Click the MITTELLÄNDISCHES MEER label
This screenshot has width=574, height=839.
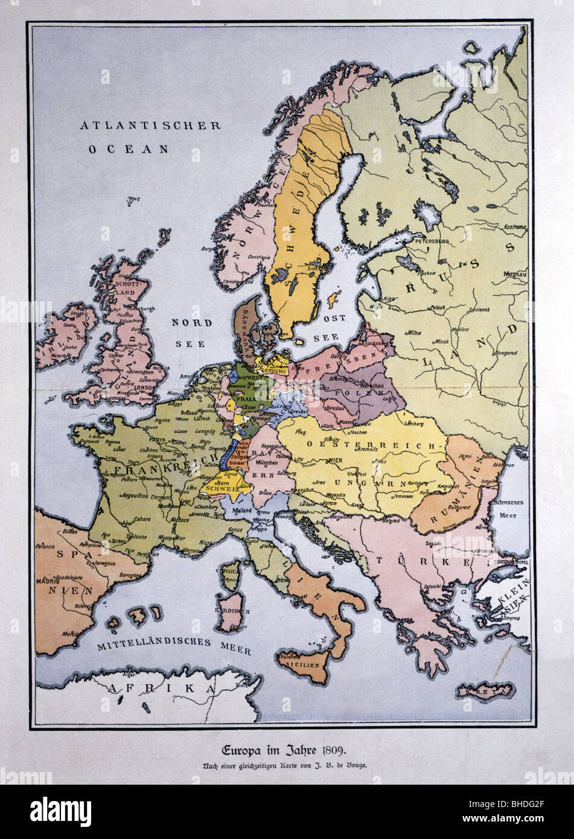pyautogui.click(x=159, y=644)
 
